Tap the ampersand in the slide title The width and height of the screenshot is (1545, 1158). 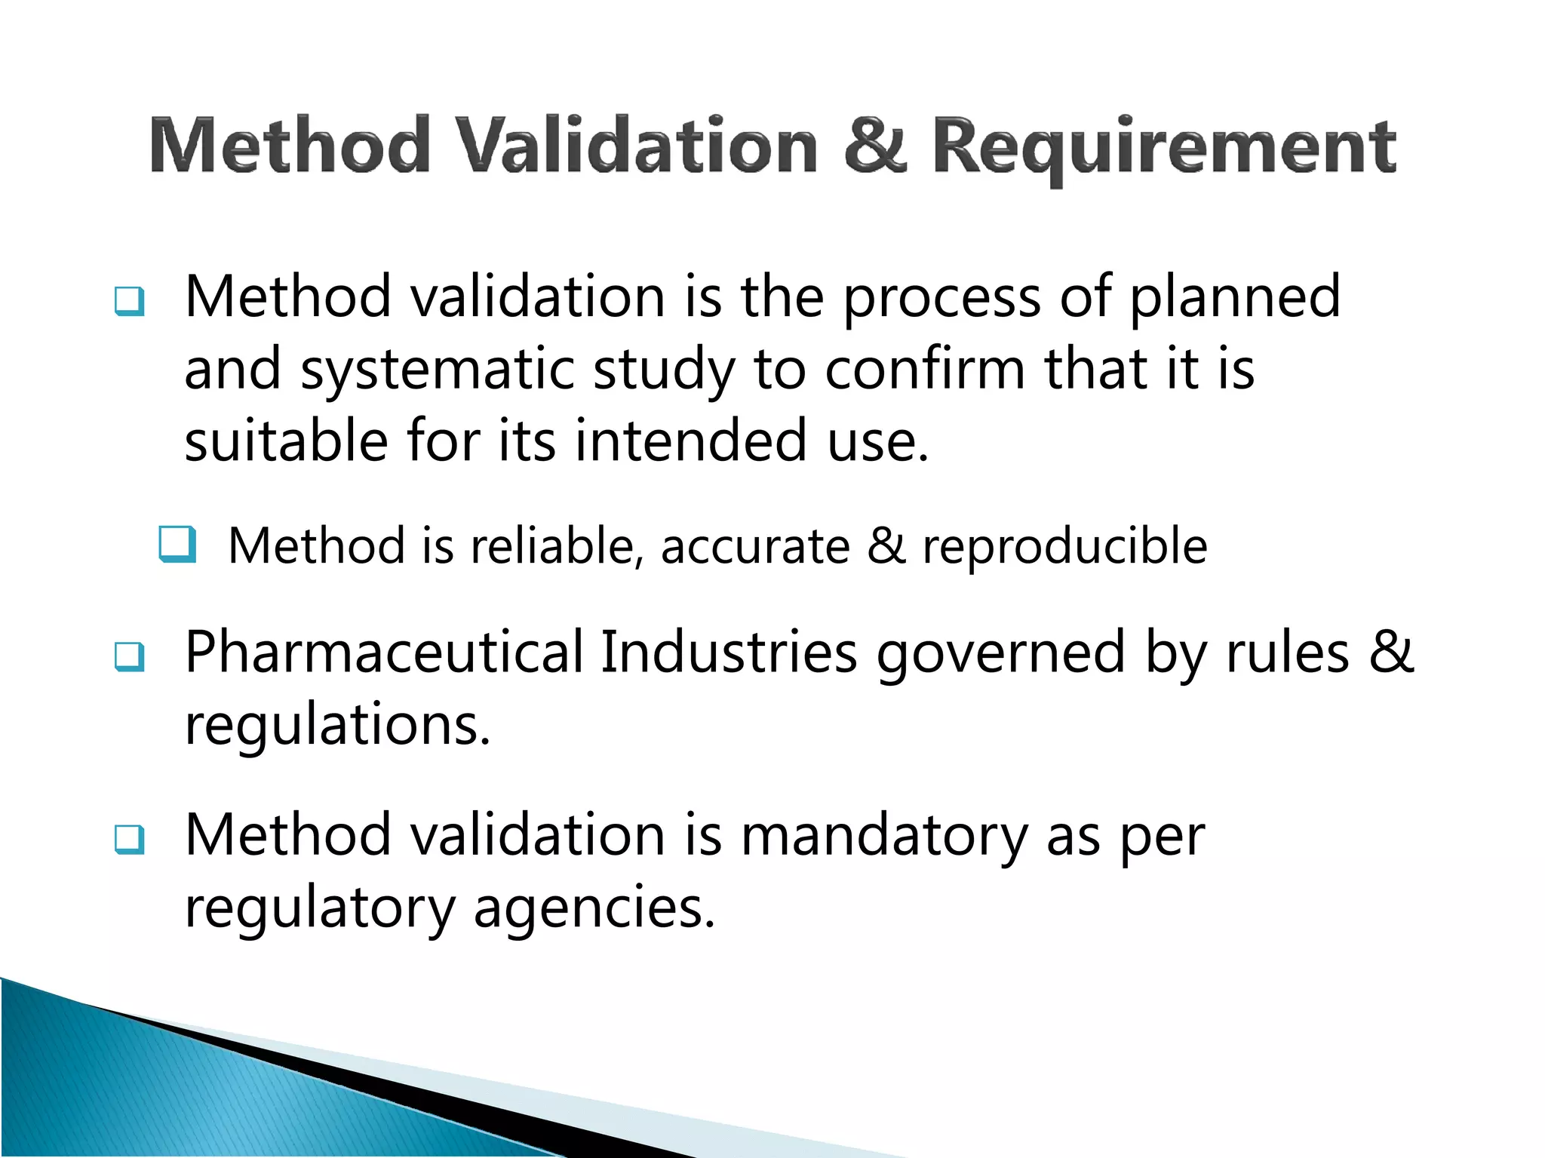874,145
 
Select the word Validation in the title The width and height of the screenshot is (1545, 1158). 638,145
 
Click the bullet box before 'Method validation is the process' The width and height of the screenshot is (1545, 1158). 129,301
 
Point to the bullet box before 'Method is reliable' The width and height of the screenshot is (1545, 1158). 178,545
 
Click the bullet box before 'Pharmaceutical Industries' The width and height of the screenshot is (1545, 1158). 129,656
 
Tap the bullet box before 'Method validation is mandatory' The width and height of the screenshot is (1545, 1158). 129,838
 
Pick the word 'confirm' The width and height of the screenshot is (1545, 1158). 925,370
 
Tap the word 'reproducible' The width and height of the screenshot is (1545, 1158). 1064,547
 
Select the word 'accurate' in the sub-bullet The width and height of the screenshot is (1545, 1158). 755,547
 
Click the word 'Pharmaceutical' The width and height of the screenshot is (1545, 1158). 384,653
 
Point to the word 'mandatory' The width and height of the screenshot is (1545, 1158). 884,837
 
